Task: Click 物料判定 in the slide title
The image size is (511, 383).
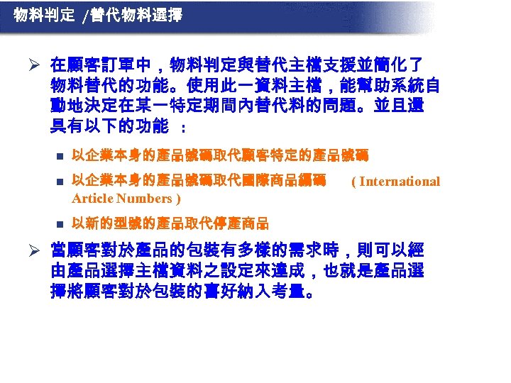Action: point(44,15)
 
